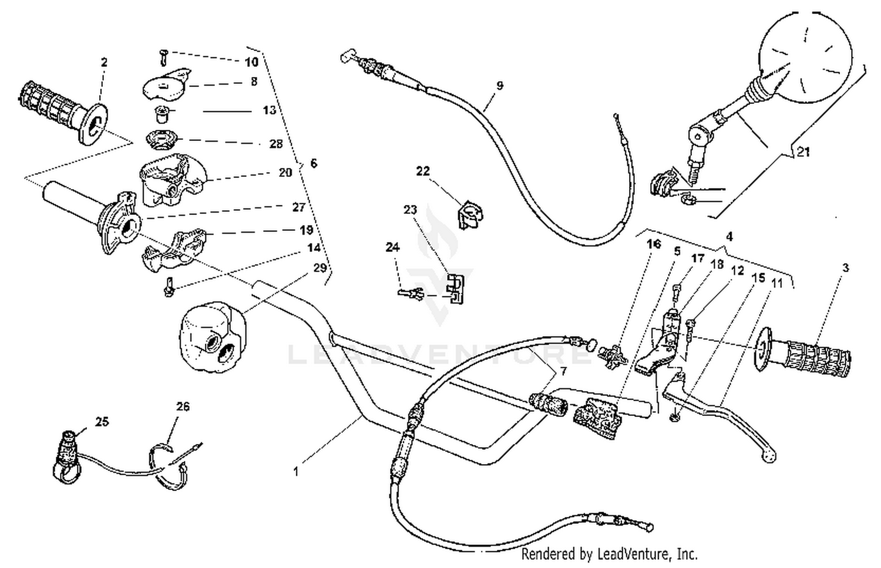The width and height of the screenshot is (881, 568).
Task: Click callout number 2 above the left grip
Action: [x=104, y=62]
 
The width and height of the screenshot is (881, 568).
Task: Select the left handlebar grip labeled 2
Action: [x=62, y=113]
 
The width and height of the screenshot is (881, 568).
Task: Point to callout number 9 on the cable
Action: [x=499, y=86]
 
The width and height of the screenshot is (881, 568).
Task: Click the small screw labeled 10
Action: [x=163, y=58]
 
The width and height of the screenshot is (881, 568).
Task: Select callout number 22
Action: [x=423, y=171]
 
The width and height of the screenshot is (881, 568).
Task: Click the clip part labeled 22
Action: [x=469, y=214]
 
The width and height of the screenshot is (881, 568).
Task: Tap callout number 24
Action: [x=392, y=247]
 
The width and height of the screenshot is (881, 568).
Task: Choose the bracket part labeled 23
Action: [x=454, y=287]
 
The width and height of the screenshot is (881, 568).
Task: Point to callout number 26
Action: [x=183, y=406]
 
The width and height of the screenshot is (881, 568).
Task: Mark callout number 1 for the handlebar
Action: [x=297, y=471]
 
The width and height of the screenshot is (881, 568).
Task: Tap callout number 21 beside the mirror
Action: [x=803, y=152]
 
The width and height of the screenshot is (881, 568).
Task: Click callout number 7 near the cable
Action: [x=563, y=372]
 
